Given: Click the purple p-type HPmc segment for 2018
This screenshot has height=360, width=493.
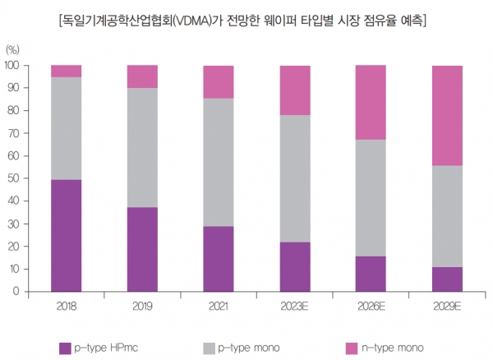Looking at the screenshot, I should pos(66,235).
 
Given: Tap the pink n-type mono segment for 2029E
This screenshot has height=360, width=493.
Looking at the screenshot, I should pos(446,115).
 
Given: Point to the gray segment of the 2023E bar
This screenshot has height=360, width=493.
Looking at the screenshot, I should pos(294,178).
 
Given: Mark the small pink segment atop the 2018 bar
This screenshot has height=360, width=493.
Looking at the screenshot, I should pos(66,71).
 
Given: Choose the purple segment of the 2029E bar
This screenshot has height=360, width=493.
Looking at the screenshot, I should pos(446,279).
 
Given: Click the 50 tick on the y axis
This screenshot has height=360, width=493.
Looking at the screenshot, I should pos(14,178).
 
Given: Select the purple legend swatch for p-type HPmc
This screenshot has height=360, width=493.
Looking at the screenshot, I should pos(66,348).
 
